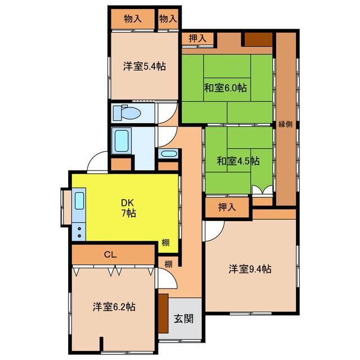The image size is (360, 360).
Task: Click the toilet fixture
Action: pos(127,112)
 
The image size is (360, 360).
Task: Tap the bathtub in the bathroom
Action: pos(121,141)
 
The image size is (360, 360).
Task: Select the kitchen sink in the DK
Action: pos(79,201)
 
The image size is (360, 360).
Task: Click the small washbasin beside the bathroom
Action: pos(168,154)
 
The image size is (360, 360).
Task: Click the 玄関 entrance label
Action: pos(183,319)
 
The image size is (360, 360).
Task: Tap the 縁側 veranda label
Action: pos(285,124)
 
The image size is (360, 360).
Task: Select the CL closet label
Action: pos(110,254)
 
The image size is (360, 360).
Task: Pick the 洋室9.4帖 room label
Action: pos(250,269)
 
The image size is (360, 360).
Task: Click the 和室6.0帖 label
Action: pos(226,88)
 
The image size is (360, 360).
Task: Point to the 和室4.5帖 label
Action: pos(238,161)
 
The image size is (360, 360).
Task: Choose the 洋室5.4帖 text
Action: pos(145,66)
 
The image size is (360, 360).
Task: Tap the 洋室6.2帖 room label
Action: pos(114,307)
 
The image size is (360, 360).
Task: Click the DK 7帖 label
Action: pos(128,208)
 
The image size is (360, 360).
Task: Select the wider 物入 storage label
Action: pos(133,19)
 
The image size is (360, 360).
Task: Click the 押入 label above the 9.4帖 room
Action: pos(227,208)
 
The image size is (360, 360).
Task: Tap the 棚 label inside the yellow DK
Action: pos(166,242)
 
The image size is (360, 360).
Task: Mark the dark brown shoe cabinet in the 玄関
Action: pos(163,313)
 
